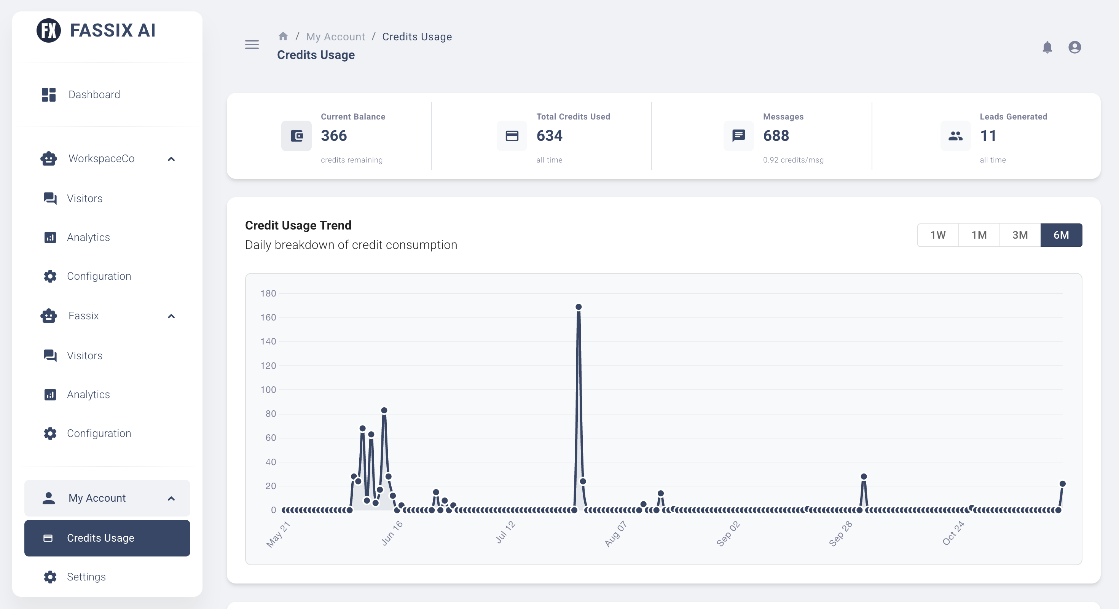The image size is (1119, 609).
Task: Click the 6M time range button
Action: (1061, 235)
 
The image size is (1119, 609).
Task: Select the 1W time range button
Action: (938, 235)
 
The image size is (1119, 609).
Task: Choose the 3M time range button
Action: (1020, 235)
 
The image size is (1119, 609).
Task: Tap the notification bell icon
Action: (1047, 47)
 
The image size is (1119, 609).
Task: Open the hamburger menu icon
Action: (252, 44)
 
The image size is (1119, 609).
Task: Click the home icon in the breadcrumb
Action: (283, 37)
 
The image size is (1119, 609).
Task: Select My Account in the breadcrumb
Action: (335, 37)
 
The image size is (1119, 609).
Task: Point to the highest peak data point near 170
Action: (579, 307)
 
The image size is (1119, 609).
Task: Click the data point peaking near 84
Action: (384, 410)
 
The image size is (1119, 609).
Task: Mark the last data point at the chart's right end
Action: (1063, 484)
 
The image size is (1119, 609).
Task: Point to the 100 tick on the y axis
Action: (268, 390)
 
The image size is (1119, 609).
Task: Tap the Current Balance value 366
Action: (334, 136)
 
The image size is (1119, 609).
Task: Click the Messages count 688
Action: (776, 136)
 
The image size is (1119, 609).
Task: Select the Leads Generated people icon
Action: (955, 136)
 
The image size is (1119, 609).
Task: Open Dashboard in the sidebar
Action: (94, 94)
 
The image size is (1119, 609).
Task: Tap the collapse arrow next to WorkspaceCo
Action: (171, 159)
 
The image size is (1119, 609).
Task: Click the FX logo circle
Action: (49, 30)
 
